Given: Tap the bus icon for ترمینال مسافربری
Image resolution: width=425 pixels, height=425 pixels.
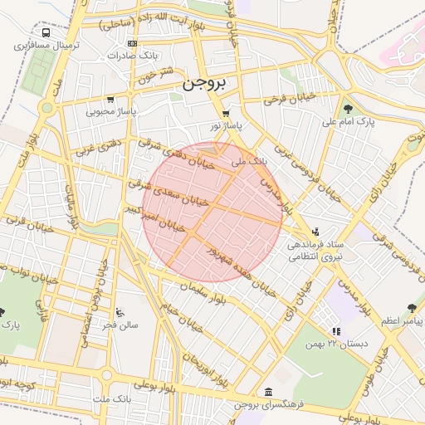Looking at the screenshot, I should point(45,33).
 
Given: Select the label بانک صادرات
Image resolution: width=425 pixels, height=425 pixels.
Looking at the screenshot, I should point(133,55).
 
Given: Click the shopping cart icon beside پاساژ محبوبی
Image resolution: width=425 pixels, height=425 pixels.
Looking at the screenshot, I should point(110,100).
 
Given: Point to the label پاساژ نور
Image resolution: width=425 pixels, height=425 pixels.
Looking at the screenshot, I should point(226,125).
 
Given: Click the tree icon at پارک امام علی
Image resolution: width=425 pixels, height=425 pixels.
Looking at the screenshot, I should point(347,109).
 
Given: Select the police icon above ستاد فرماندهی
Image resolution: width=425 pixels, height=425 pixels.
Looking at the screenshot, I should point(315,232).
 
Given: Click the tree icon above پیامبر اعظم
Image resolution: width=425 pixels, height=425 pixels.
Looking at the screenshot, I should point(411,307).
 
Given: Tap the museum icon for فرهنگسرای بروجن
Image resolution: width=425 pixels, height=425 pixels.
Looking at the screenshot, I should point(267,392).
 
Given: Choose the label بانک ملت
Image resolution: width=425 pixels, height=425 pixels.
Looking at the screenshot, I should point(113,400).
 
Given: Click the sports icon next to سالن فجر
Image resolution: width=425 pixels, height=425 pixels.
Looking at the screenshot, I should point(120,313).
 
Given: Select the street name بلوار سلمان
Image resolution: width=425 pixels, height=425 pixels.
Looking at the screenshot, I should point(196,288).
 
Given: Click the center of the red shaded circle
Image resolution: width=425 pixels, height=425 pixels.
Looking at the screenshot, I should point(212,212).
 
